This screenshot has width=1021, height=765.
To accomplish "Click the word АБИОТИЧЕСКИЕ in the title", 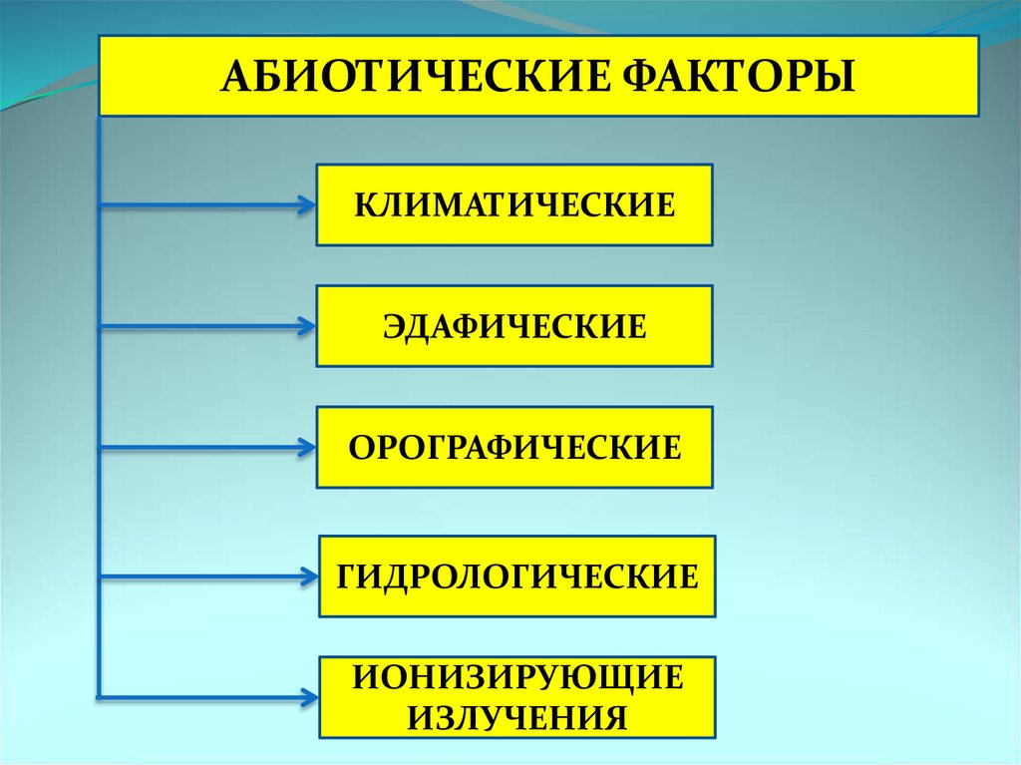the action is pos(399,77).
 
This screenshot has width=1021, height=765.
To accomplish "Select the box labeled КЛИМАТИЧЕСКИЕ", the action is pos(514,205).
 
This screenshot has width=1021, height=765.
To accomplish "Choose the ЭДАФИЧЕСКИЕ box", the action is pos(514,326).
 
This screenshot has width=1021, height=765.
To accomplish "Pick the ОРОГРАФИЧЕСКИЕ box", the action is pos(514,447).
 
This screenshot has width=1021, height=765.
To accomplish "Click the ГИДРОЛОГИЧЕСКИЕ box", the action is pos(516,576).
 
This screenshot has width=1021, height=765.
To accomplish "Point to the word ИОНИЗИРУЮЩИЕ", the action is pos(516,678).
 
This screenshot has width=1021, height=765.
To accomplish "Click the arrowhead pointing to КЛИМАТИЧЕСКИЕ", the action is pos(305,206).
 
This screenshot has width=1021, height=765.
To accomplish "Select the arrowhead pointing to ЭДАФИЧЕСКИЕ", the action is pos(305,326).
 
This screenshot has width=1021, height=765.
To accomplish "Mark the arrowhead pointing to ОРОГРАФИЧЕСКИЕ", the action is pos(305,447).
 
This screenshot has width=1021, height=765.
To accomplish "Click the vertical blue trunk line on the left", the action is pos(99,399).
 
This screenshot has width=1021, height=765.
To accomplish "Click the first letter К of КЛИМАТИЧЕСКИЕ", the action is pos(365,206).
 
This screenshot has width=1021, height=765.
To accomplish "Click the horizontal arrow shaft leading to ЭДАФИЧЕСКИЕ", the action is pos(199,326).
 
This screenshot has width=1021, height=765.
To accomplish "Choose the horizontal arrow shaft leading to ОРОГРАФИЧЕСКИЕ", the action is pos(199,447).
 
